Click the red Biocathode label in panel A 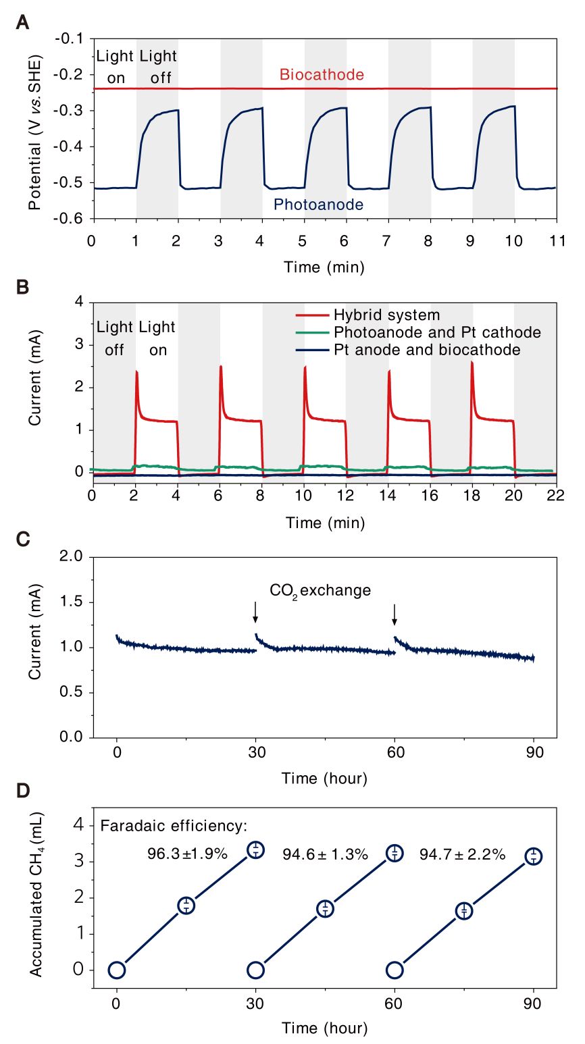coord(322,74)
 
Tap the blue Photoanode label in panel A coord(318,205)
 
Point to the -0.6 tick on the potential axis coord(72,218)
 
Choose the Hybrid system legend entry coord(386,315)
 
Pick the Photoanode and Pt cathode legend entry coord(436,332)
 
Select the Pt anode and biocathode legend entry coord(426,350)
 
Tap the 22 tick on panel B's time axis coord(556,495)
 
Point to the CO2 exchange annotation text coord(320,591)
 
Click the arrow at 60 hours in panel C coord(395,613)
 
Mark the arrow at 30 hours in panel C coord(255,611)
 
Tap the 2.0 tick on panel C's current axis coord(70,556)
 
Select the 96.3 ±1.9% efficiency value coord(187,854)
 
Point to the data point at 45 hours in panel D coord(325,908)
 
